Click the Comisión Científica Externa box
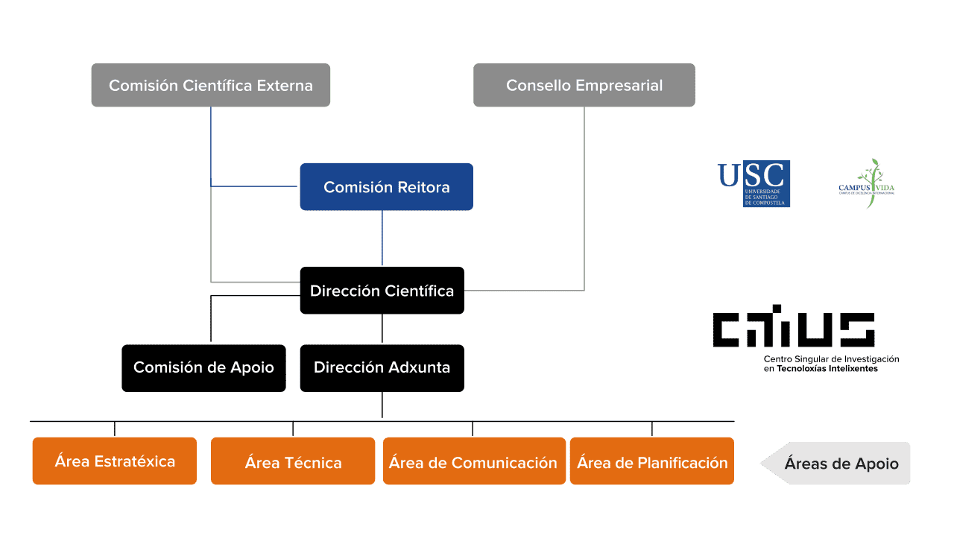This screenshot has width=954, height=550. coord(210,85)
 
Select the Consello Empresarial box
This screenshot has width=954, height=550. coord(584,85)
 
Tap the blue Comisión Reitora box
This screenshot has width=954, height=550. coord(386,187)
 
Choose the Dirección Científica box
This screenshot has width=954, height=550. coord(382,291)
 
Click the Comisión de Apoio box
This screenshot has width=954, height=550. coord(203,367)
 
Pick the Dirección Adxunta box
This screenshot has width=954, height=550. coord(382,367)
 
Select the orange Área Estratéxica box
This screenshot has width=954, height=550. coord(114,461)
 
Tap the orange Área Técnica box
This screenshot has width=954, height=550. coord(293,462)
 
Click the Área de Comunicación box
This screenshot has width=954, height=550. coord(473,462)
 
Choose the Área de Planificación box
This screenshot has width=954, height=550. coord(652,462)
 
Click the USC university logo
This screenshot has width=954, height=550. coord(754,183)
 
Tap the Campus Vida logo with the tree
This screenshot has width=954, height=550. coord(867,183)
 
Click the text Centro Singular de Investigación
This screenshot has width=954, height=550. coord(831,359)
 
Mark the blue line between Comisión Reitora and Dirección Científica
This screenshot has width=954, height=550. coord(382,238)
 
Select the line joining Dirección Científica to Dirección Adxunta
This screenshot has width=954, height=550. coord(382,329)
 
